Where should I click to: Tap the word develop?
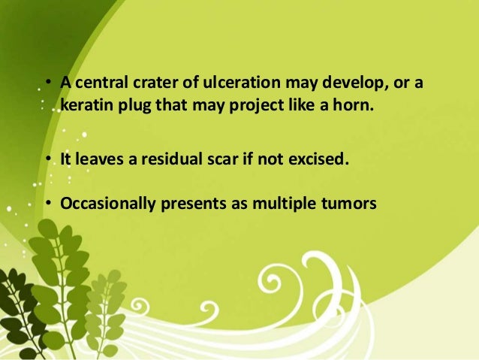(x=354, y=83)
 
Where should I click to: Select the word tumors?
(x=347, y=203)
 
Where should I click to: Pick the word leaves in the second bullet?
(x=101, y=159)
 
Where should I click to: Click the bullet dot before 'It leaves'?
(x=47, y=159)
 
